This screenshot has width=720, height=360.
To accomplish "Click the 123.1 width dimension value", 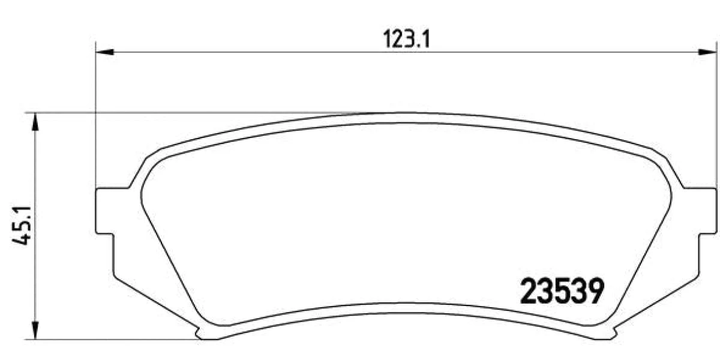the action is (406, 40).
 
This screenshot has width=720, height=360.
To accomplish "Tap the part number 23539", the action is (563, 291).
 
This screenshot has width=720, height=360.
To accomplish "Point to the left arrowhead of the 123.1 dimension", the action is (105, 52).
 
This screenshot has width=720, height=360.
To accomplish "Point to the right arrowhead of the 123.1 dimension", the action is (708, 52).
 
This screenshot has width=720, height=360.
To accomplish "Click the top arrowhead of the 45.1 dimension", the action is (35, 122).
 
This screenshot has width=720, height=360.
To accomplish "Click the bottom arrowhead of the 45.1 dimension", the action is (35, 330).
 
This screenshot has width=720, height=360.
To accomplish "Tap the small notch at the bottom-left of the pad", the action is (199, 332).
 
